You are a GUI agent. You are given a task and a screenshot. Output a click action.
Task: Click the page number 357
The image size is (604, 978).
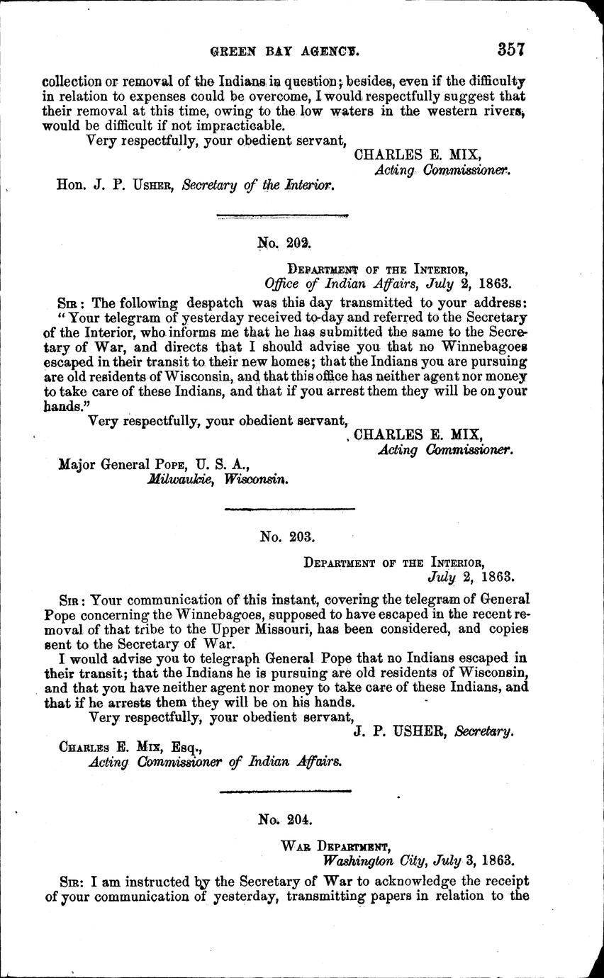coord(510,50)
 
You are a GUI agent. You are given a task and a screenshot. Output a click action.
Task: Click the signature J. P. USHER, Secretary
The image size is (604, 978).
coord(432,731)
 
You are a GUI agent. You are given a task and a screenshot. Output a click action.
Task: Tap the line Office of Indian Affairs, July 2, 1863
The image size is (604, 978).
coord(387,283)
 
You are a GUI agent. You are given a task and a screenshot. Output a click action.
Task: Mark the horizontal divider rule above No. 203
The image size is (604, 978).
coord(289,508)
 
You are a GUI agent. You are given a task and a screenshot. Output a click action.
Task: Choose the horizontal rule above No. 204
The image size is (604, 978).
coord(286,791)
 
